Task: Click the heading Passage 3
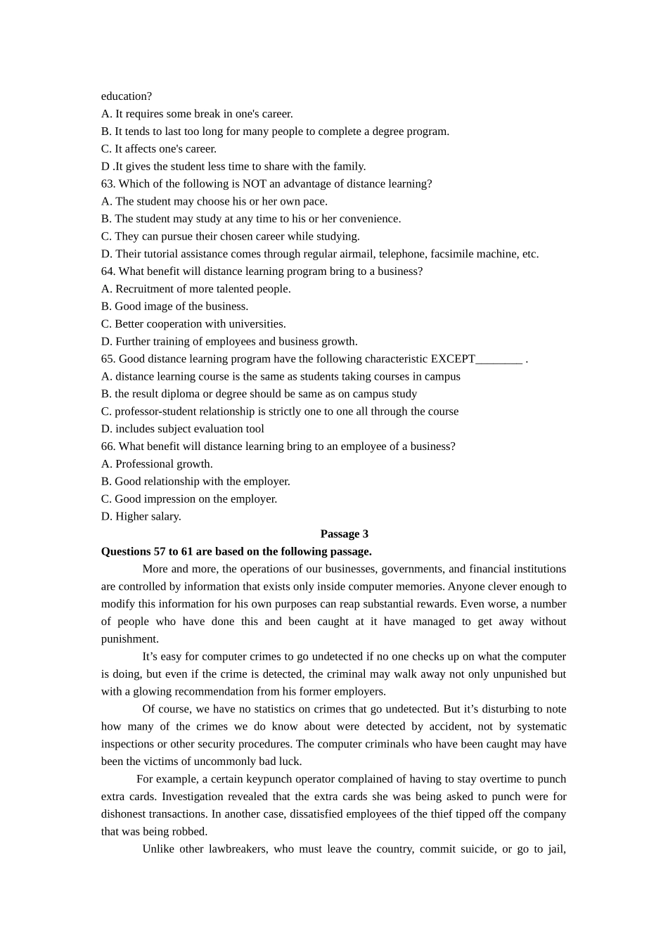(344, 534)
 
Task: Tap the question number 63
(108, 184)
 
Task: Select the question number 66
(108, 446)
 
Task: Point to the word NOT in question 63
(255, 184)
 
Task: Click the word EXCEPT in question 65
(453, 359)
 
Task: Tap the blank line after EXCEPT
(499, 359)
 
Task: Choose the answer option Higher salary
(148, 517)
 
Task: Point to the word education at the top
(127, 96)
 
